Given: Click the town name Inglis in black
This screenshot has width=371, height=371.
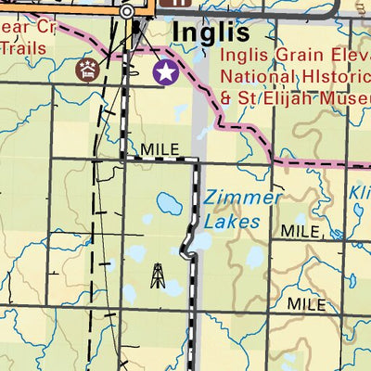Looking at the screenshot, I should [x=211, y=33].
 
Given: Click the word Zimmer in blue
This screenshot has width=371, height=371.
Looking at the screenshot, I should [x=243, y=198].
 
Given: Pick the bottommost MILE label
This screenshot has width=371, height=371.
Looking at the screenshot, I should [x=306, y=303].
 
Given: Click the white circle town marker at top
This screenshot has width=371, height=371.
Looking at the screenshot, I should [x=127, y=11].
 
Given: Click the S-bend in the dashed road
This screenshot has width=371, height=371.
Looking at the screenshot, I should [x=189, y=245].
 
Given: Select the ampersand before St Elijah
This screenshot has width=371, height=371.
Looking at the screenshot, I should [x=225, y=96].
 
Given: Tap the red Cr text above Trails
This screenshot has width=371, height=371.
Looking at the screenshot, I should [x=45, y=29].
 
